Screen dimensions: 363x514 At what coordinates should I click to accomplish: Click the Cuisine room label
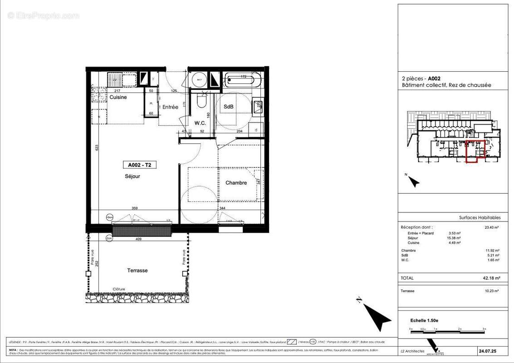click(x=118, y=97)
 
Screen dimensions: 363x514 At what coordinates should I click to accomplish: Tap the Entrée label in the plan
click(x=171, y=107)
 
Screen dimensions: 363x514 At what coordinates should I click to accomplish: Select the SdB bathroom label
click(x=229, y=107)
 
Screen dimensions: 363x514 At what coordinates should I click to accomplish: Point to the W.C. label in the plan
click(x=201, y=123)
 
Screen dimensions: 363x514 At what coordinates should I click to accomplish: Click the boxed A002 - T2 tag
click(x=139, y=165)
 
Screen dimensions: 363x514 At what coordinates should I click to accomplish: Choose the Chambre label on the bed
click(x=236, y=183)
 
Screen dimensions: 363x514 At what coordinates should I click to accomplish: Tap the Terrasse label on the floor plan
click(x=137, y=270)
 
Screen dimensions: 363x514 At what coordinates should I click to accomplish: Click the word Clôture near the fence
click(x=119, y=289)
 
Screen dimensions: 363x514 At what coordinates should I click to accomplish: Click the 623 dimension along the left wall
click(x=97, y=147)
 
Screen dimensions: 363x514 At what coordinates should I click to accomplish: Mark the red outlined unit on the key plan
click(x=475, y=152)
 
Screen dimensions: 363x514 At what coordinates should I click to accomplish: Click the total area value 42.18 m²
click(x=490, y=278)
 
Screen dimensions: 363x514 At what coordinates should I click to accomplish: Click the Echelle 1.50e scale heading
click(x=424, y=320)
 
